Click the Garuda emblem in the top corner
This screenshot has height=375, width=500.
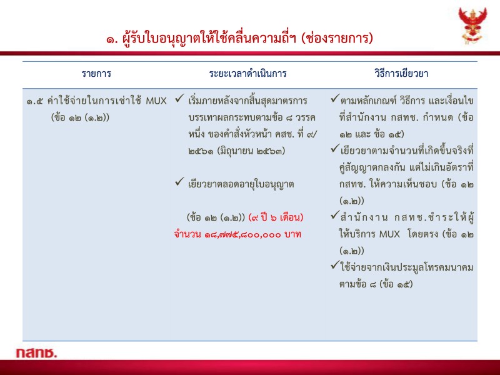coord(472,26)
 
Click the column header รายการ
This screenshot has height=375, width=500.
coord(96,73)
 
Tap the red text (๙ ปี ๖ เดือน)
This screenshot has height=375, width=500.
coord(276,217)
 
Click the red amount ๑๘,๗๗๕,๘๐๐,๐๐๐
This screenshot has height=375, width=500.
coord(238,234)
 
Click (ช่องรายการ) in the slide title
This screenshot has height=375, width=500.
coord(337,38)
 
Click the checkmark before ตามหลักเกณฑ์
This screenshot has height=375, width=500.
coord(335,100)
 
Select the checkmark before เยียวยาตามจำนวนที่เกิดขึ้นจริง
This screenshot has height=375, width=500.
coord(335,150)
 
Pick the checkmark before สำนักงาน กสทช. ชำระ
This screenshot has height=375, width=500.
coord(335,217)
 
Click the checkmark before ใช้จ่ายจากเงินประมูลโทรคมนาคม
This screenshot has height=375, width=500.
coord(335,267)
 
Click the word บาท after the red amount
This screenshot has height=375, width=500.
coord(291,234)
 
